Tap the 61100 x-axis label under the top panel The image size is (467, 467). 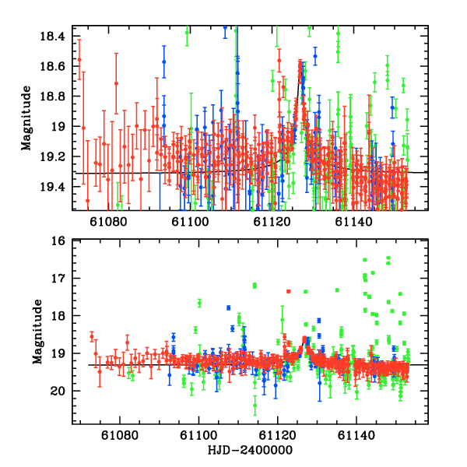191,223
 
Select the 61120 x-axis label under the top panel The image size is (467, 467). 272,223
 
